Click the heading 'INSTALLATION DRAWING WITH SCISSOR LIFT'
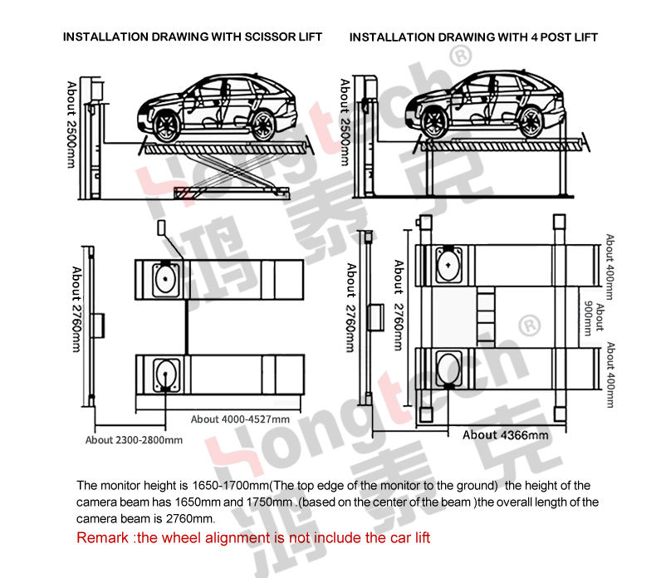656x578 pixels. coord(193,37)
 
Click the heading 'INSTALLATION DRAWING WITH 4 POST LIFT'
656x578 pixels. coord(473,37)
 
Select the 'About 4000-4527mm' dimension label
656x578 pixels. coord(240,419)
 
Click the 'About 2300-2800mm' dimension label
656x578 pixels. coord(134,440)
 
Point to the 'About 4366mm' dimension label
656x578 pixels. coord(506,435)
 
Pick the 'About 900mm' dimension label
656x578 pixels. coord(595,318)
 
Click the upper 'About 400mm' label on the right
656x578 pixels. coord(611,267)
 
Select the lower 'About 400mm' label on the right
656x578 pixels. coord(611,375)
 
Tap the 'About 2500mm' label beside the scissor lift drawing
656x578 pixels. coord(72,125)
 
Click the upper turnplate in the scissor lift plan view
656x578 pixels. coord(166,279)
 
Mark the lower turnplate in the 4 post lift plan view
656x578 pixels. coord(449,367)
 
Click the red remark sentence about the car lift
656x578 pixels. coord(253,537)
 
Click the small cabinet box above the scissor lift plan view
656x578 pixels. coord(161,228)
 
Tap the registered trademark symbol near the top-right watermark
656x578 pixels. coord(461,56)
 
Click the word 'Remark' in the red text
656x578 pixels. coord(102,537)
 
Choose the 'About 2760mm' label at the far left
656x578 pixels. coord(76,309)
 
